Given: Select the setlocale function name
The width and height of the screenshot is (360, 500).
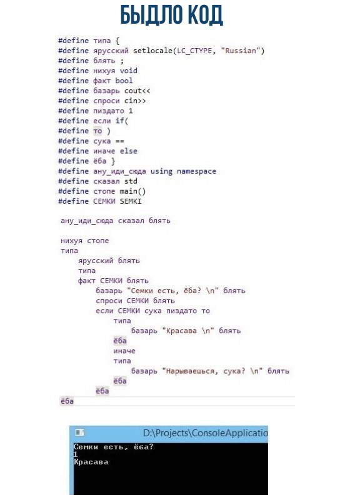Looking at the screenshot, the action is (x=152, y=51).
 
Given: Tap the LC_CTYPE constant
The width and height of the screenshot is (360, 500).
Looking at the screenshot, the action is (x=194, y=51).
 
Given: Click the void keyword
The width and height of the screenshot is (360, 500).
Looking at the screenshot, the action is (x=129, y=71).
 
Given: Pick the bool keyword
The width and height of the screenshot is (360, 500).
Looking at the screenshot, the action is (x=124, y=81).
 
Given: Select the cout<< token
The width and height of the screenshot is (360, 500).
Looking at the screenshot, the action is (x=137, y=91).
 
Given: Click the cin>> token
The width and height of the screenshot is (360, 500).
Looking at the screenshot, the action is (x=135, y=101).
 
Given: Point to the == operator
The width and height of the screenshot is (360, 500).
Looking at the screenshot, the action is (x=119, y=141).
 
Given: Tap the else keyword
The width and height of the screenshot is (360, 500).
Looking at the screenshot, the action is (x=129, y=151).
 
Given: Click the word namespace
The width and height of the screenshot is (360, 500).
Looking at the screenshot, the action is (x=196, y=171).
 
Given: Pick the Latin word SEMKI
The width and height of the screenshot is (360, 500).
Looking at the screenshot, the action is (x=131, y=201).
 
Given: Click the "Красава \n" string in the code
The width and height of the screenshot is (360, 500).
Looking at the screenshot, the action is (x=188, y=331).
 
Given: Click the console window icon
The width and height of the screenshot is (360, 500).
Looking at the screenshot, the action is (x=80, y=432).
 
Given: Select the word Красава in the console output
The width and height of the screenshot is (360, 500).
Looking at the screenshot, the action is (x=91, y=462).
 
